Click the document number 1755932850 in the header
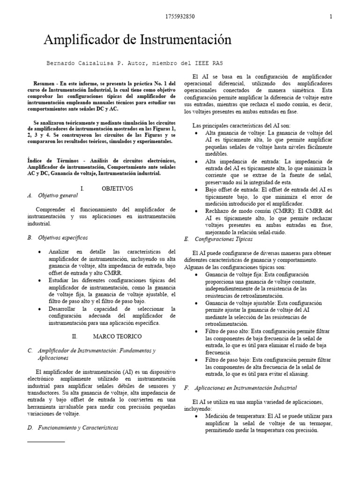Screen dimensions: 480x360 (180, 17)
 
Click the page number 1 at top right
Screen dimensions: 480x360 (331, 17)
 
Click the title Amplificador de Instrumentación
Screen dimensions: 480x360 (137, 40)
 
